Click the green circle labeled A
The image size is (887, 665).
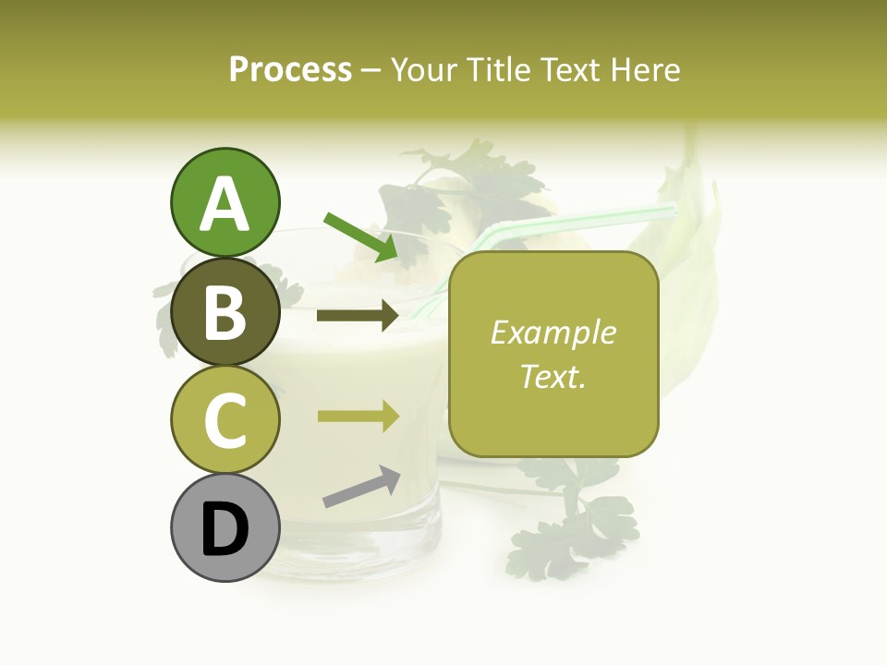point(225,202)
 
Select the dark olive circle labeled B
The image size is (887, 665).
point(225,311)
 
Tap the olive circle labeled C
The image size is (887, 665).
point(225,420)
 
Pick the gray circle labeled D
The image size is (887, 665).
point(225,529)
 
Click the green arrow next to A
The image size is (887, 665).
point(362,236)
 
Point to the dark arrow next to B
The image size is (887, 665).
point(358,316)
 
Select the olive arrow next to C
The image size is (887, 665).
point(358,416)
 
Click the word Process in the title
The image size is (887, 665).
point(290,70)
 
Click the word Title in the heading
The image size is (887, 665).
point(495,70)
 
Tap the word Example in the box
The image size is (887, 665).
point(553,332)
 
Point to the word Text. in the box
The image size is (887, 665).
point(553,376)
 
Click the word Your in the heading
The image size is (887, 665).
point(424,70)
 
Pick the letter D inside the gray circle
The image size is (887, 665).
point(225,531)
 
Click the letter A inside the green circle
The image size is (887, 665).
point(225,204)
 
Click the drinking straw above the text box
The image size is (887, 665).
point(591,220)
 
